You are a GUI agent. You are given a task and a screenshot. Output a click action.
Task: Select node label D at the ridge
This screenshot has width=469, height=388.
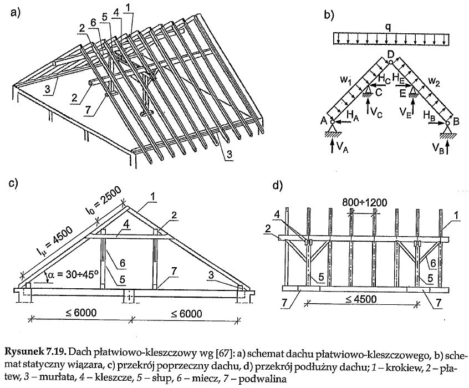coord(391,55)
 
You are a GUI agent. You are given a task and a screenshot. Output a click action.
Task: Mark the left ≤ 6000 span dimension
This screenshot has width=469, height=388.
coord(81,313)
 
